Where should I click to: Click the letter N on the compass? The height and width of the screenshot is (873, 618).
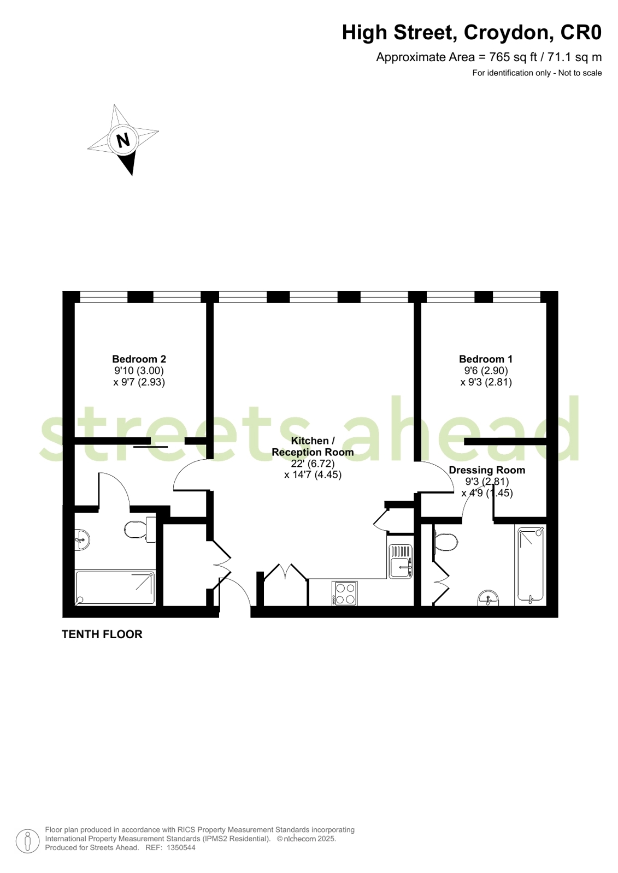coord(123,140)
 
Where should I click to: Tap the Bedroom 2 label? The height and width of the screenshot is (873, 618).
coord(139,359)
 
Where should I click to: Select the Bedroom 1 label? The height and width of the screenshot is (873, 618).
coord(486,359)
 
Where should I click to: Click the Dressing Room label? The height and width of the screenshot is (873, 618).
coord(487,470)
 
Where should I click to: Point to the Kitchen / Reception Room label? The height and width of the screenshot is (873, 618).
coord(313,447)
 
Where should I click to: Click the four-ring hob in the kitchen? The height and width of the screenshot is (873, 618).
coord(345,593)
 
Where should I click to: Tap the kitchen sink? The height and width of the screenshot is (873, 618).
coord(401,561)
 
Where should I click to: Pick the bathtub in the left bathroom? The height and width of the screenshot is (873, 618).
coord(115,587)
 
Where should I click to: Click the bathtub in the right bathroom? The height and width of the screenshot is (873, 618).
coord(531,565)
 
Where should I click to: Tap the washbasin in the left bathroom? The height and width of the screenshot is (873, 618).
coord(82,539)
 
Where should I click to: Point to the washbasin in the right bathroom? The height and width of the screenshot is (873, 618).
coord(488,598)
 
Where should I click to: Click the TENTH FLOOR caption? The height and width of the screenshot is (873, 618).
coord(102,634)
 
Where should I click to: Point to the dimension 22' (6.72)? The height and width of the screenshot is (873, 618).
coord(313,464)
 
